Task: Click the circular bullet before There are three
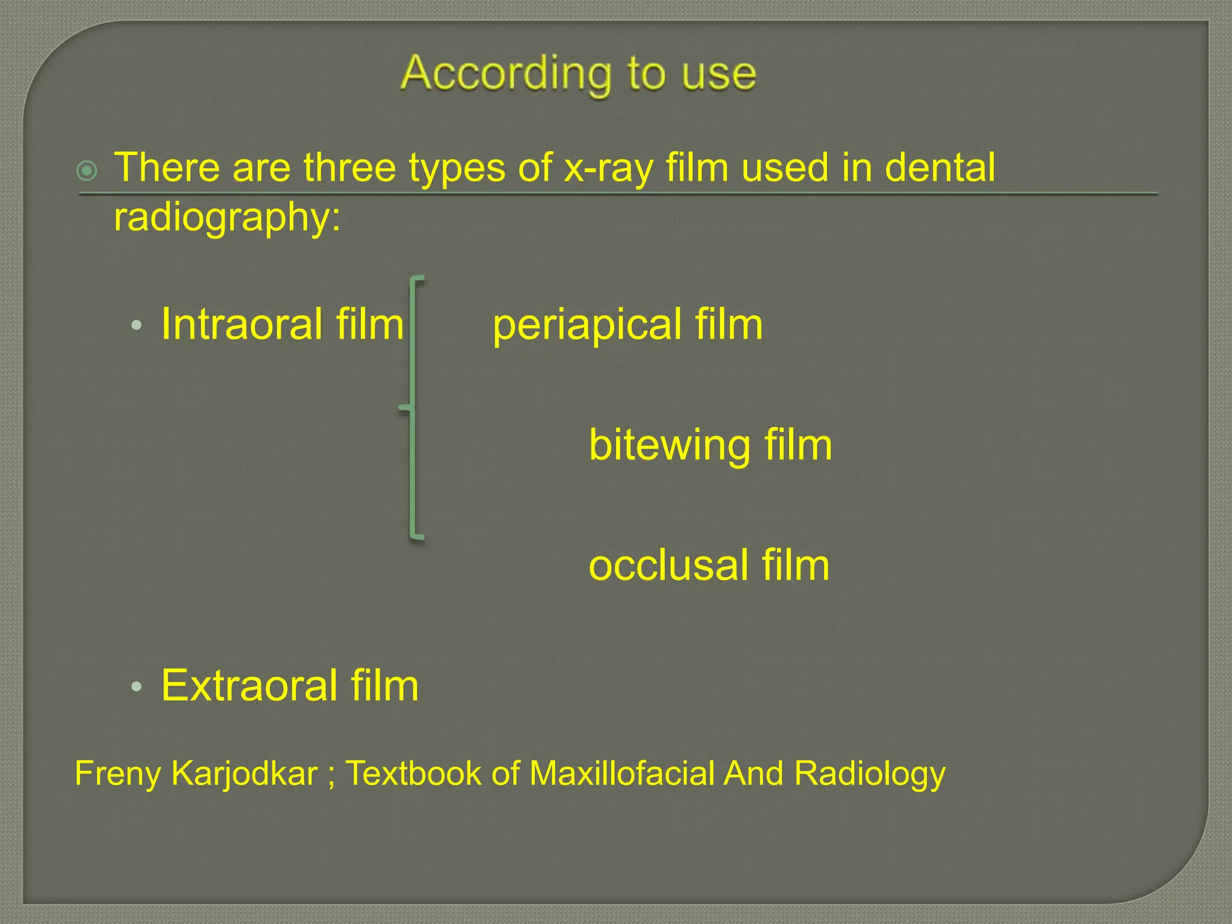(x=87, y=171)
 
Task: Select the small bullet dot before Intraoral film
(x=137, y=325)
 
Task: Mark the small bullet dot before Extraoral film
(x=137, y=686)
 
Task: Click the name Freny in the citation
(x=117, y=774)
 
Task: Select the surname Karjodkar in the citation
(x=244, y=774)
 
